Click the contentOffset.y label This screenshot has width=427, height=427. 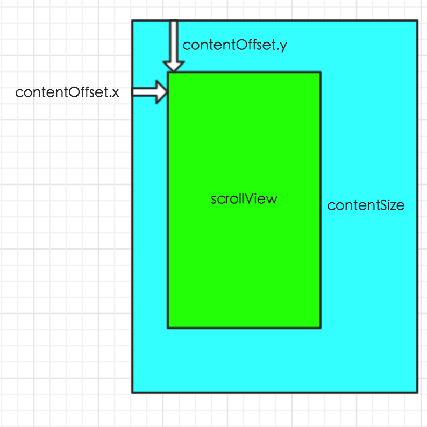pos(234,45)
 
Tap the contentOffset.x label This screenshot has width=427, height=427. pos(67,92)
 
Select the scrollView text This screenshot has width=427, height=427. pos(244,199)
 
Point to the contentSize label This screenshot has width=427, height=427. pos(366,205)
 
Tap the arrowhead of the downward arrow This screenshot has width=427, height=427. pos(173,66)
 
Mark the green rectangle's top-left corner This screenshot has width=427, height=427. pos(168,73)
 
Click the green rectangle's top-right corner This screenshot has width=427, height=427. pos(321,73)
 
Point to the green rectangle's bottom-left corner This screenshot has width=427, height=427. pos(168,327)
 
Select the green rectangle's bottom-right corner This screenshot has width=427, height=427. pos(321,327)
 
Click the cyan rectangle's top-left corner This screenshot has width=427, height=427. pos(133,21)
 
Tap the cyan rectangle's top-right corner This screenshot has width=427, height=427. pos(417,21)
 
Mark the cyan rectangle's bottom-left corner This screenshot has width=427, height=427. pos(133,392)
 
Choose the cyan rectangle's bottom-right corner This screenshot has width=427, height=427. pos(417,392)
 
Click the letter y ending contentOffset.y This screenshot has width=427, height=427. pos(283,47)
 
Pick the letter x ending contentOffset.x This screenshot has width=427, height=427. pos(115,93)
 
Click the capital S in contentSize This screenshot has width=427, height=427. pos(379,205)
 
